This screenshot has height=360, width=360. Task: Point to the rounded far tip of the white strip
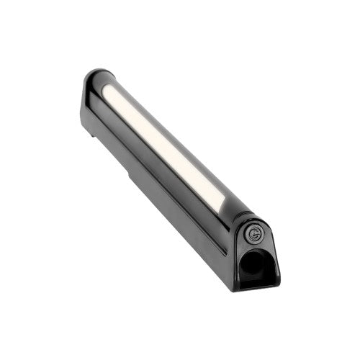[107, 89]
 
